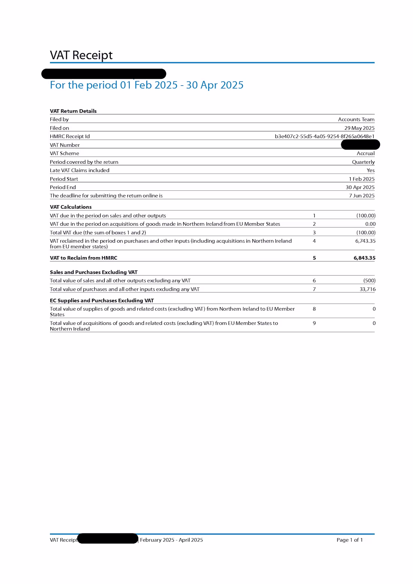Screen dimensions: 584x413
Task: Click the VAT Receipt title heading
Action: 81,55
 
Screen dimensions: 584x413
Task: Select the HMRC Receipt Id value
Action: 324,136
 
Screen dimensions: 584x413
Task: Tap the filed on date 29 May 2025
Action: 359,128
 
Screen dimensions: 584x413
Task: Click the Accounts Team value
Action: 356,119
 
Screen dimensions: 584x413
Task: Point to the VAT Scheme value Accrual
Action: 365,153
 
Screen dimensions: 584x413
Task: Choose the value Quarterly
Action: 363,162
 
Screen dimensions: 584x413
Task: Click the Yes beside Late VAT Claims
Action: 371,170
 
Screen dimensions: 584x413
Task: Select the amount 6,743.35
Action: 365,241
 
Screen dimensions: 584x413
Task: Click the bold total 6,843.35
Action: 364,258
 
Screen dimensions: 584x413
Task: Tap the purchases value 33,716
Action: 367,289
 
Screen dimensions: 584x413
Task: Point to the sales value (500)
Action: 369,281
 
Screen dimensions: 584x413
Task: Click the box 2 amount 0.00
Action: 370,224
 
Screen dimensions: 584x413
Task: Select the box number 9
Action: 314,323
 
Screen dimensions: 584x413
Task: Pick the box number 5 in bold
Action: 314,258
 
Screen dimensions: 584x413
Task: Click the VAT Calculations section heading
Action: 71,207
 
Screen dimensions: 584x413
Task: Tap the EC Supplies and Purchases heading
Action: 102,300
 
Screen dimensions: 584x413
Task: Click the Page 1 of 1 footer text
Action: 349,540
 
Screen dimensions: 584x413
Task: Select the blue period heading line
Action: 146,85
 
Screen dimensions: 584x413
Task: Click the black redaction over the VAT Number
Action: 360,145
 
